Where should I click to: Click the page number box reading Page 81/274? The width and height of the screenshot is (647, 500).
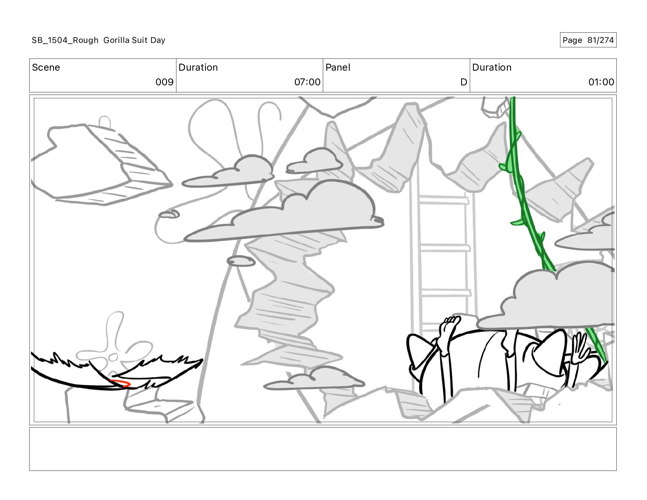click(x=588, y=40)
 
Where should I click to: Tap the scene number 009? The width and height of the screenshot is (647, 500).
click(x=164, y=82)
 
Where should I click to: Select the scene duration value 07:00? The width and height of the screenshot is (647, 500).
click(x=307, y=82)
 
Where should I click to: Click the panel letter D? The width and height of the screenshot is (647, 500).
click(x=464, y=82)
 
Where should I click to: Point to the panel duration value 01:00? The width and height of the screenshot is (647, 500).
click(x=601, y=82)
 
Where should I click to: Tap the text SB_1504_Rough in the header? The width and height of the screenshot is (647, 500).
click(x=65, y=40)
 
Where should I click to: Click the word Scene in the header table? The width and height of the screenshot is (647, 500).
click(x=46, y=67)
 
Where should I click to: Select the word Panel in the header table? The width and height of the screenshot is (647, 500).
click(x=338, y=67)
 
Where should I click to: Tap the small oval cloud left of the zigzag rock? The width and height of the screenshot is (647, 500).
click(x=241, y=261)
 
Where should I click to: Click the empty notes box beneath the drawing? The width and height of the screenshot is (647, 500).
click(x=323, y=449)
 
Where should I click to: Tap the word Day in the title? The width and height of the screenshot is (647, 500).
click(x=158, y=40)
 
